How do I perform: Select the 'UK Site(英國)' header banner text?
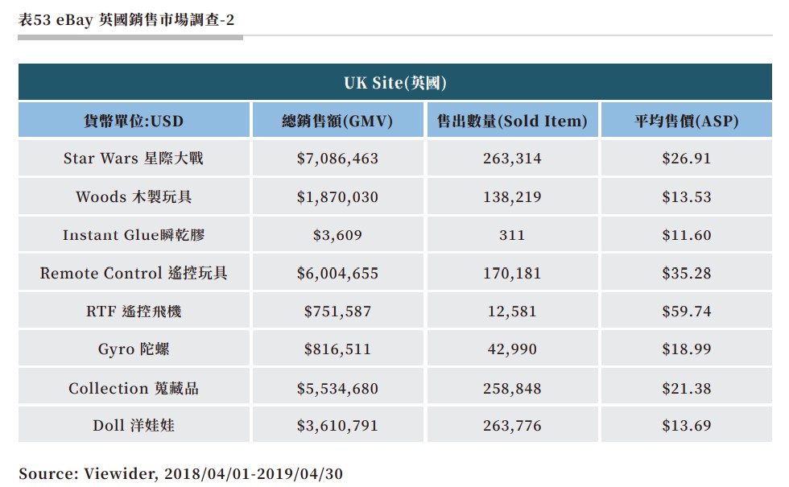(394, 83)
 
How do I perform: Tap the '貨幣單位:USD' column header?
(134, 122)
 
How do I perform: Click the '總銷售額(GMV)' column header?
(337, 122)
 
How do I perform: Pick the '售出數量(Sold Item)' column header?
(512, 122)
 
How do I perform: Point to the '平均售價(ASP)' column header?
(686, 122)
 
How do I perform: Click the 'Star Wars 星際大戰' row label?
(134, 159)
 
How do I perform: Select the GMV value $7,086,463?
(337, 159)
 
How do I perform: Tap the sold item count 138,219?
(512, 197)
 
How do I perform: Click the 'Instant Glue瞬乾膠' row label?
(134, 236)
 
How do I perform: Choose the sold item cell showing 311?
(512, 236)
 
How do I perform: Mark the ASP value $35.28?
(686, 274)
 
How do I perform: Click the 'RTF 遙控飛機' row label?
(134, 312)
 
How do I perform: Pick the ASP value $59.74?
(686, 312)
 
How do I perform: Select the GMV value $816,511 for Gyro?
(337, 349)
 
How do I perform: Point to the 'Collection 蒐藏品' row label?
(134, 389)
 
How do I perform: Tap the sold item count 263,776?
(512, 426)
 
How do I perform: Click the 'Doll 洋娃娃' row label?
(134, 426)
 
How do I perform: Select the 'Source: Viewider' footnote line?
(180, 474)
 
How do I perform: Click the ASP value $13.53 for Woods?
(686, 197)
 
